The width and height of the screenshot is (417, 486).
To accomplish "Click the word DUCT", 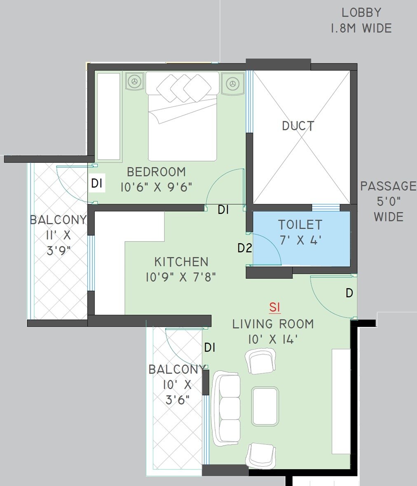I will (298, 126).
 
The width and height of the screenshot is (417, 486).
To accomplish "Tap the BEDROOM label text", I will (156, 172).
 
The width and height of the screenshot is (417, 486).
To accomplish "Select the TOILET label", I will (300, 225).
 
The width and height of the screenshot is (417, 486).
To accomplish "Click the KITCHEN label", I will (181, 262).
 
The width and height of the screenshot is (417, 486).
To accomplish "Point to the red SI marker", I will (275, 308).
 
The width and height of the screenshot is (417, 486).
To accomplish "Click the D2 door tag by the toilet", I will (244, 248).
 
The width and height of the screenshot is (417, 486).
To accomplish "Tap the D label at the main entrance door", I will (349, 293).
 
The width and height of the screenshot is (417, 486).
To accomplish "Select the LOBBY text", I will (361, 13).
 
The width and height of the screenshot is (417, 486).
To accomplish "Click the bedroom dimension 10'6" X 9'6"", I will (157, 187).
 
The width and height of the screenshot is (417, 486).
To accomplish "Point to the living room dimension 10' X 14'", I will (273, 339).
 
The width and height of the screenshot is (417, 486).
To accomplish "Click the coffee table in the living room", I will (265, 406).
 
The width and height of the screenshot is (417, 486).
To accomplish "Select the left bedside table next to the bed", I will (134, 82).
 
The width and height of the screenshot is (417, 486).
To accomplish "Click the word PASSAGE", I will (388, 186).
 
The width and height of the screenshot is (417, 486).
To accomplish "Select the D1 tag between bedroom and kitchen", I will (223, 210).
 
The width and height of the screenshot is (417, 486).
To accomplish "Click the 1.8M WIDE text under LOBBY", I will (361, 28).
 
